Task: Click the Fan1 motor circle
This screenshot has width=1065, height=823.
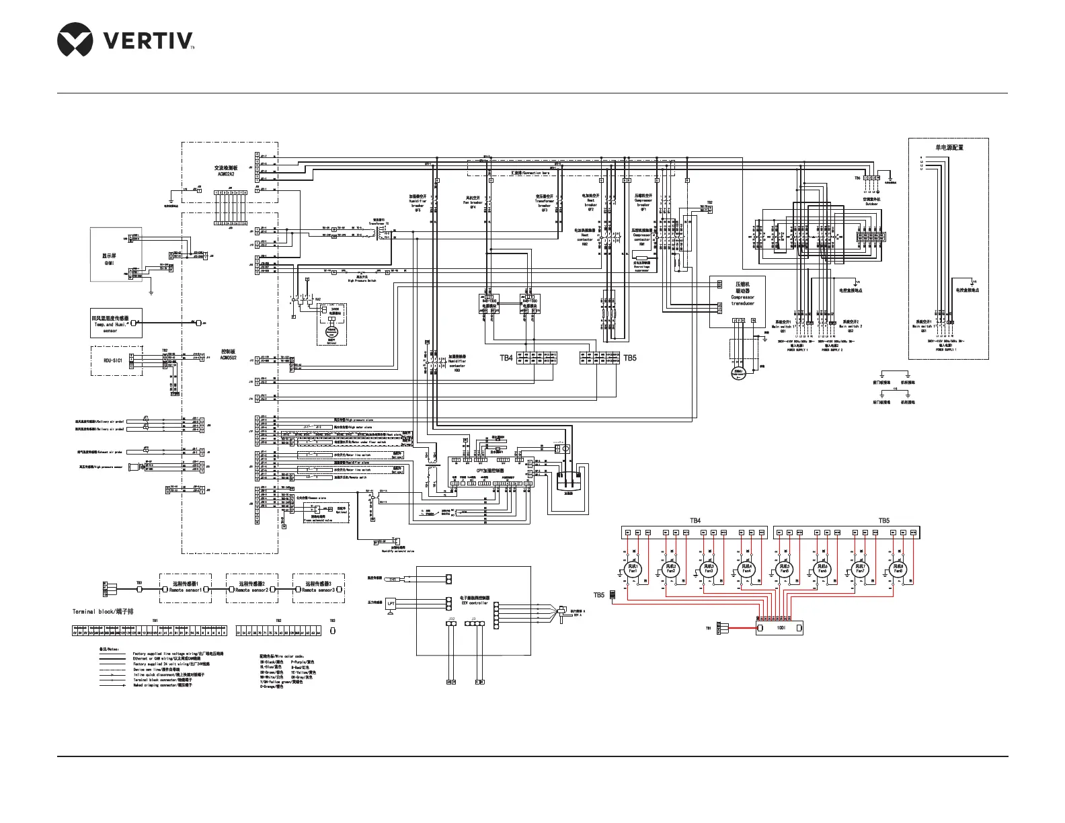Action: [633, 569]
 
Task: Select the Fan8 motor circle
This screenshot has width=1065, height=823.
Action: [898, 569]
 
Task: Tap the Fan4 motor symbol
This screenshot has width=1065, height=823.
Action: [746, 569]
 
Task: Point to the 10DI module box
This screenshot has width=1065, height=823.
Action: [780, 628]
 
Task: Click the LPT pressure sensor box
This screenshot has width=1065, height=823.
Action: [391, 603]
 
